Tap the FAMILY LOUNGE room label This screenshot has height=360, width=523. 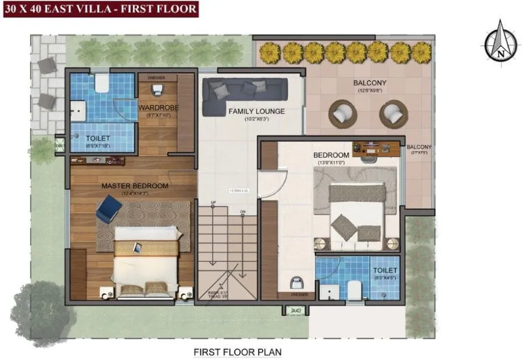pos(256,111)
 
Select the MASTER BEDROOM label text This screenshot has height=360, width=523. pos(135,186)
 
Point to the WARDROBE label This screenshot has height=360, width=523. pos(158,108)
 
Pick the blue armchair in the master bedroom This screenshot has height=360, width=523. pos(108,208)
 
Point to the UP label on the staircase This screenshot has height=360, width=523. pos(213,202)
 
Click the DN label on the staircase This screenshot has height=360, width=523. pos(243,212)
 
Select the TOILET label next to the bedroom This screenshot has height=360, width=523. pos(385,271)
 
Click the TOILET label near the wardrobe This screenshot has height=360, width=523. pos(98,139)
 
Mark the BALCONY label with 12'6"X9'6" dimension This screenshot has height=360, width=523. pos(370,83)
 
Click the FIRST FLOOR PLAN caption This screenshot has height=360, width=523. pos(238,352)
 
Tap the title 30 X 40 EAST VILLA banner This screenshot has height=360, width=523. pos(100,9)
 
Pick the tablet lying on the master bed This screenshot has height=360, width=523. pos(137,247)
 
